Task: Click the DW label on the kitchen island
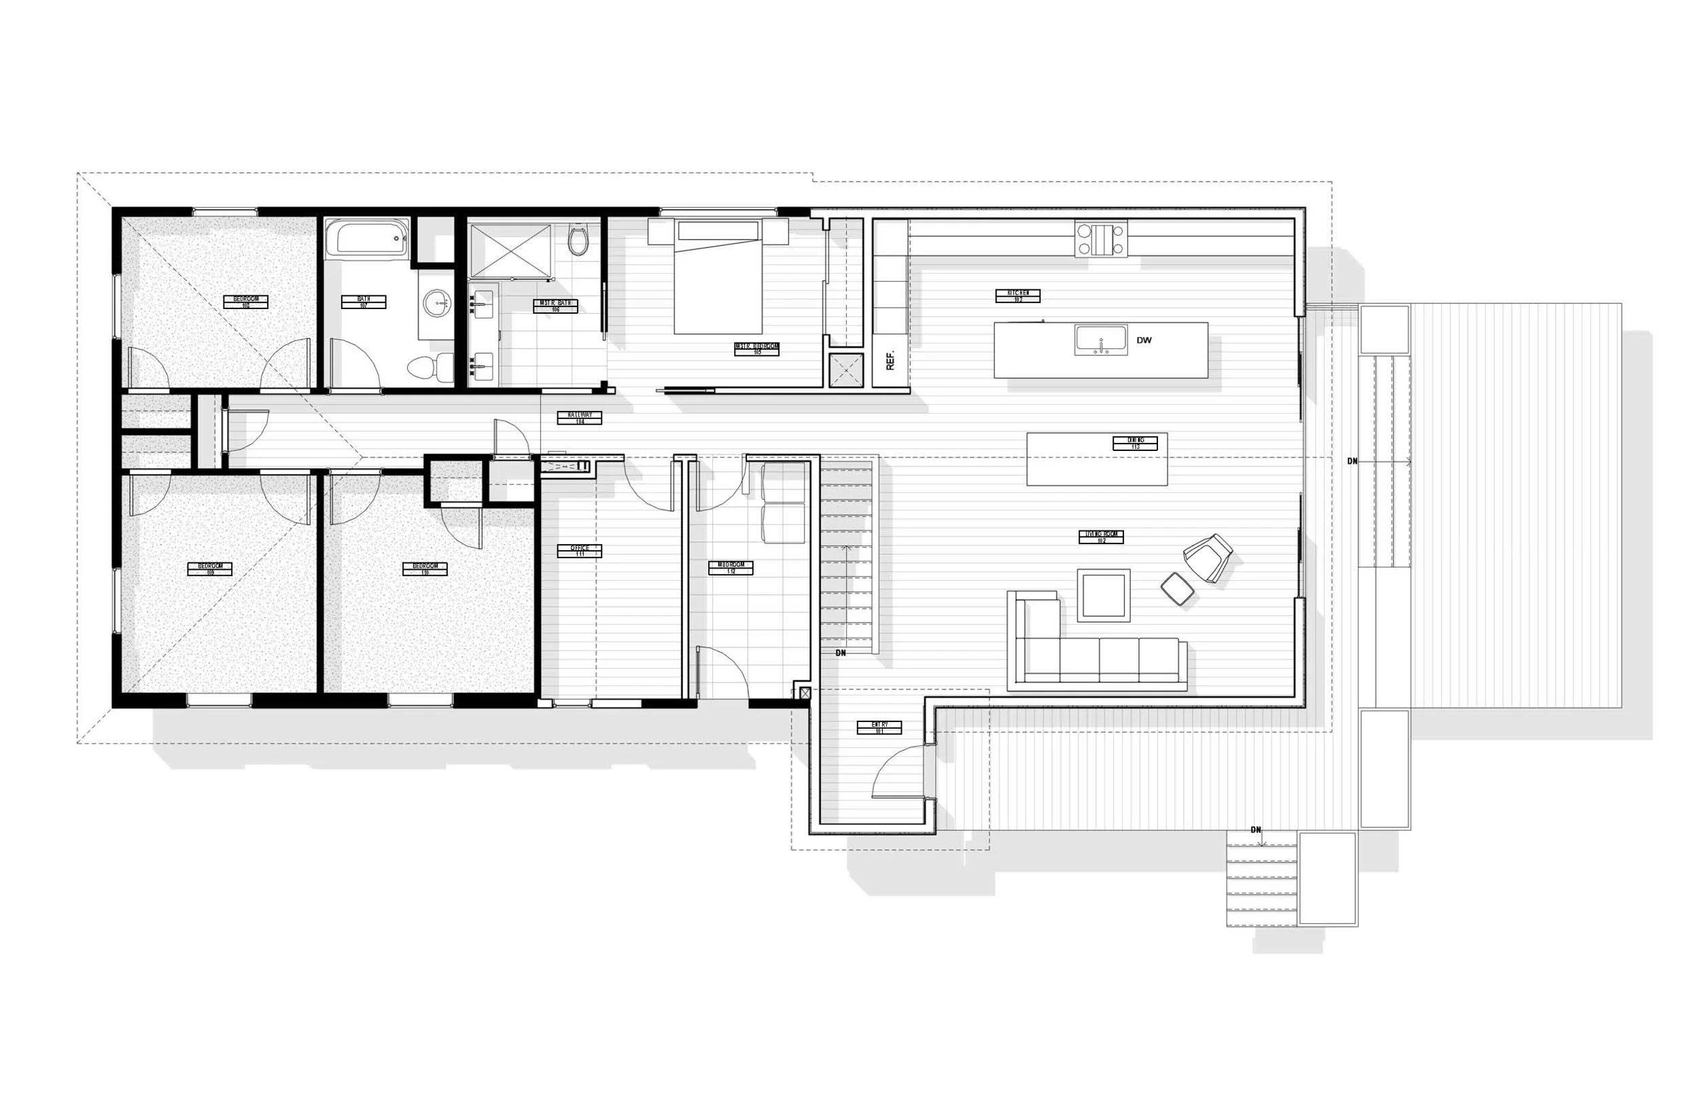click(1144, 340)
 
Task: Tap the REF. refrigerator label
click(890, 361)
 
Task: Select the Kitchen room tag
click(1018, 295)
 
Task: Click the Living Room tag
click(1101, 537)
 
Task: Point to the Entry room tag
click(879, 727)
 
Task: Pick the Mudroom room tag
click(731, 567)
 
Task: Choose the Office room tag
click(579, 550)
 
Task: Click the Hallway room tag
click(580, 418)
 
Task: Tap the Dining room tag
click(1135, 443)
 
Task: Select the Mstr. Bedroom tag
click(756, 349)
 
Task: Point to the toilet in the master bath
click(578, 240)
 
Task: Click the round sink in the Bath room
click(436, 304)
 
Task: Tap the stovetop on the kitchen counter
click(1101, 239)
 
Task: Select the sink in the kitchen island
click(1101, 340)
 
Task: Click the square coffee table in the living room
click(1103, 595)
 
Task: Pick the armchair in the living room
click(1208, 557)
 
